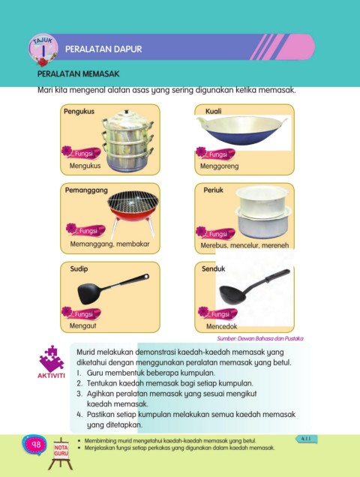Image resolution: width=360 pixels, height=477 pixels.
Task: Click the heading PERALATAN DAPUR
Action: coord(103,49)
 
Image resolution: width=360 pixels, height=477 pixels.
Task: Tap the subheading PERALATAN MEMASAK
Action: coord(78,74)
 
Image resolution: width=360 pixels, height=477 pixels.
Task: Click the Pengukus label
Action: coord(79,111)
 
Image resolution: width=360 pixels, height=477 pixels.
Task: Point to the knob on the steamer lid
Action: coord(127,112)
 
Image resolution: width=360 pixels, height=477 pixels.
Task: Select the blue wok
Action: coord(241,130)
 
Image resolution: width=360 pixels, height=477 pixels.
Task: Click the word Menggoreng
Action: coord(219,166)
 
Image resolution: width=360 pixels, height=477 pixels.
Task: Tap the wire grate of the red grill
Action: coord(133,202)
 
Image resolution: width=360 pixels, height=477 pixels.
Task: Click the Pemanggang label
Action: coord(86,190)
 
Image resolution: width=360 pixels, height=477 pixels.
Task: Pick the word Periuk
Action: coord(213,190)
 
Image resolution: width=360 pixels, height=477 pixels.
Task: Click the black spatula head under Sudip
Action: coord(88,293)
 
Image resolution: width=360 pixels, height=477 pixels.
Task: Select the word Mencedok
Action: coord(221,326)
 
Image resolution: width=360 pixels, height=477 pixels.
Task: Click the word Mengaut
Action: coord(82,325)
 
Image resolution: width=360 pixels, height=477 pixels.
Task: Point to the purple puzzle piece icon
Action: coord(52,359)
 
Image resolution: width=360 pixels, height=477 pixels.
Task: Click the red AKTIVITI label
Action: coord(51,376)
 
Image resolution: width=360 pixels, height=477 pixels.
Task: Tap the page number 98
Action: coord(36,445)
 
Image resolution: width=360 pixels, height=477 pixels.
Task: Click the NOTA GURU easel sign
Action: coord(61,451)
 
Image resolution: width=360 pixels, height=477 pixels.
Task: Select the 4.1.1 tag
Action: coord(306,439)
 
